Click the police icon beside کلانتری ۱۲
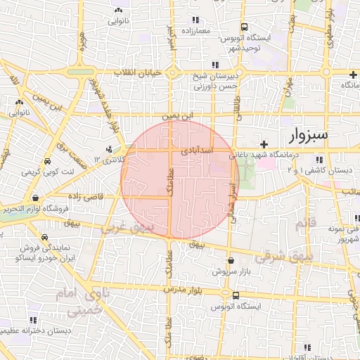[108, 149]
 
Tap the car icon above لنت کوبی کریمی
[46, 160]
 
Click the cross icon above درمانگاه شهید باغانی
[263, 143]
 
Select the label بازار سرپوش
[231, 271]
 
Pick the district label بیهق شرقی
[282, 257]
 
